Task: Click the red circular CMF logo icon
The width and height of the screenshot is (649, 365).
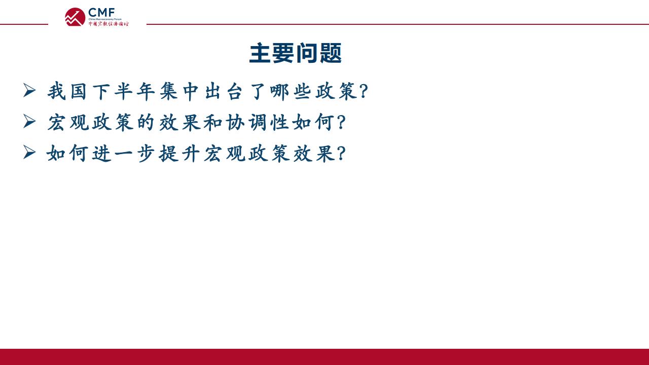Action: coord(75,17)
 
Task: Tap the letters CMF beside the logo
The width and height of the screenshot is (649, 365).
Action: coord(101,13)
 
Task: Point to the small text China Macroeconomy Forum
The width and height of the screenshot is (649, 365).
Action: coord(105,19)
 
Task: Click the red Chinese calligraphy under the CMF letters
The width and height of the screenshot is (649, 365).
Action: coord(109,24)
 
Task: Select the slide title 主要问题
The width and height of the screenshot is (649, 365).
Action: coord(296,53)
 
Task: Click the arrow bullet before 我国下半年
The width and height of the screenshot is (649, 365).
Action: coord(29,90)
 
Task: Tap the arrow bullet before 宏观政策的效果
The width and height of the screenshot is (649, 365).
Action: coord(29,121)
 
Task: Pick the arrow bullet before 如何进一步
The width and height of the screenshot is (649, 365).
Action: coord(29,153)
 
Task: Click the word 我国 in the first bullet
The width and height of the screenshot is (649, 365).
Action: coord(67,91)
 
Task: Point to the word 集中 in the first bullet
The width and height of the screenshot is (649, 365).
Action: coord(179,91)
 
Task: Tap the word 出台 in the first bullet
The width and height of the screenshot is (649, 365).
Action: coord(224,91)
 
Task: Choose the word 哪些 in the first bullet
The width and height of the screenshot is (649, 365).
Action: coord(291,91)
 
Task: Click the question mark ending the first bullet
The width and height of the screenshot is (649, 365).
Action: coord(364,91)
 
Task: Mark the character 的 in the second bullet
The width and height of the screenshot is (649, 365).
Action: coord(146,122)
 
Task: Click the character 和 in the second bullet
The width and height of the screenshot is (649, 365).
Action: coord(213,122)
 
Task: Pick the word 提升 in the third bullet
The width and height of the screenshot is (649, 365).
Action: coord(179,153)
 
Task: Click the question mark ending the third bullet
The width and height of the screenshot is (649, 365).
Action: coord(342,153)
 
